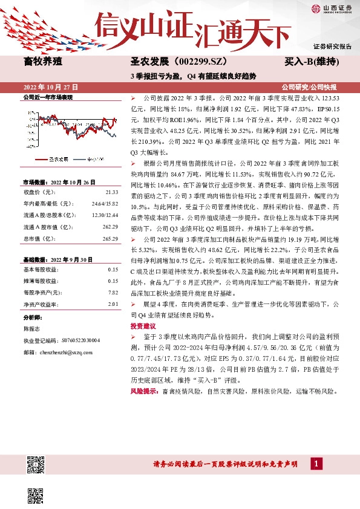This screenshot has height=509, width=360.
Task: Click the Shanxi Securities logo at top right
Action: (x=332, y=8)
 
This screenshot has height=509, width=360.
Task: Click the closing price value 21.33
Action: (x=113, y=192)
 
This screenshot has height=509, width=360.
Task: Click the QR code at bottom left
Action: (x=37, y=467)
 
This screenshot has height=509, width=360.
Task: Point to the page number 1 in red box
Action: (x=316, y=463)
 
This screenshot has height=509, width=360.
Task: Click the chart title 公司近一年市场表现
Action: (x=48, y=97)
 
